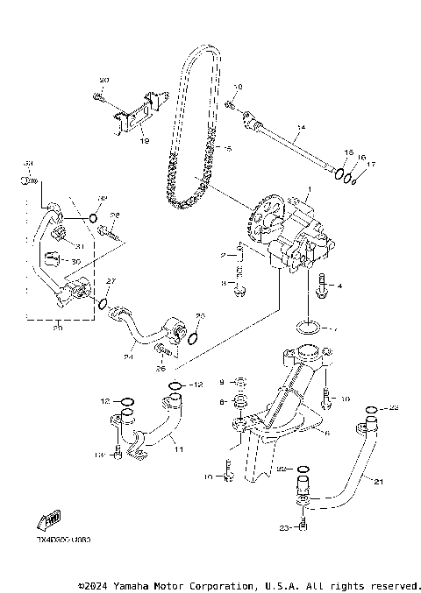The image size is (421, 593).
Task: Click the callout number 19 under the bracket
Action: tap(144, 140)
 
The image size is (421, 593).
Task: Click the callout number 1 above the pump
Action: tap(308, 188)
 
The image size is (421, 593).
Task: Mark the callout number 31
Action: tap(75, 245)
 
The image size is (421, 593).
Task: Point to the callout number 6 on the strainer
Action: tap(326, 433)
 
